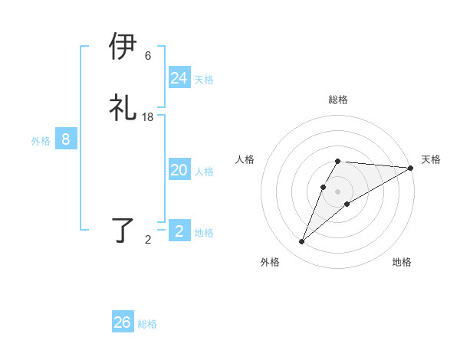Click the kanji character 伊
click(123, 47)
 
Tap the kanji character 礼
click(123, 108)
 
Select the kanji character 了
click(123, 231)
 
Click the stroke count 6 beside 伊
click(148, 56)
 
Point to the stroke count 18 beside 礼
click(148, 117)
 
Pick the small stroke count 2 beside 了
click(148, 240)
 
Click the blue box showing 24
click(179, 78)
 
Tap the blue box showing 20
click(179, 170)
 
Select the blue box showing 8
click(66, 139)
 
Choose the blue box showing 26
click(123, 322)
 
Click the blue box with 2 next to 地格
click(179, 231)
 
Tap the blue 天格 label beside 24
click(204, 80)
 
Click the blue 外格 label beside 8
click(41, 141)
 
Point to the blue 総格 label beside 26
click(147, 324)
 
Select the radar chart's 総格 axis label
click(338, 100)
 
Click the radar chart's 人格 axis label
click(245, 159)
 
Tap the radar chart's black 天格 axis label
click(431, 159)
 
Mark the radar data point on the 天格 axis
click(411, 168)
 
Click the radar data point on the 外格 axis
click(302, 242)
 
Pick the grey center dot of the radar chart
click(338, 191)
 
